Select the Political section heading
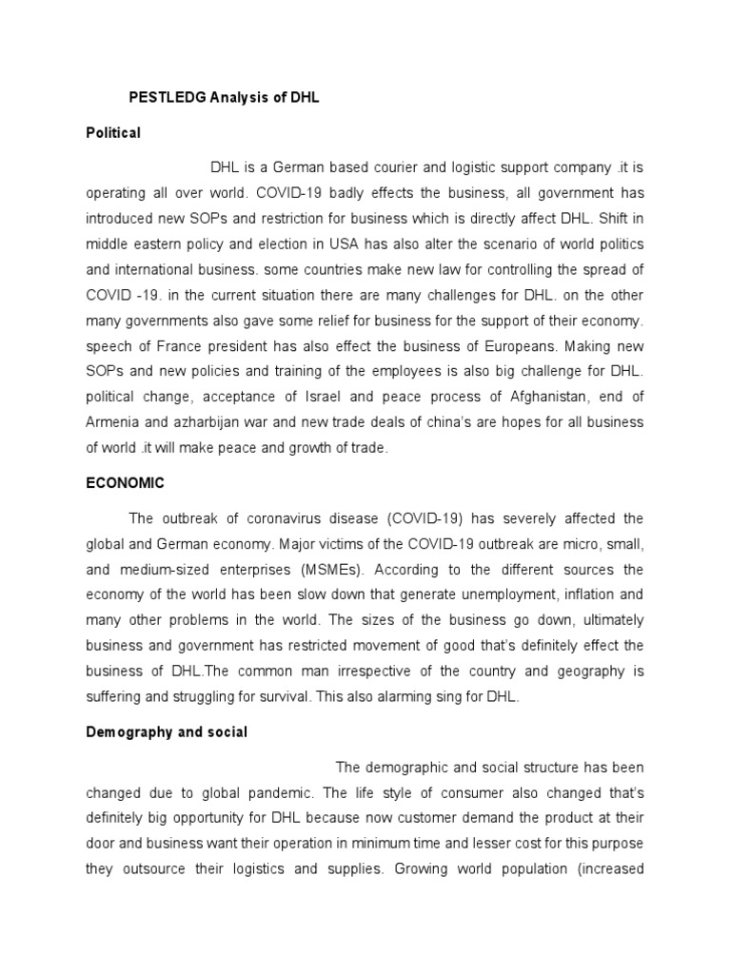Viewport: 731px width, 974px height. pyautogui.click(x=112, y=133)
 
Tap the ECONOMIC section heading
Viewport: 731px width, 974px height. pyautogui.click(x=125, y=483)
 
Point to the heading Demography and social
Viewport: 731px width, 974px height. pyautogui.click(x=167, y=732)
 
